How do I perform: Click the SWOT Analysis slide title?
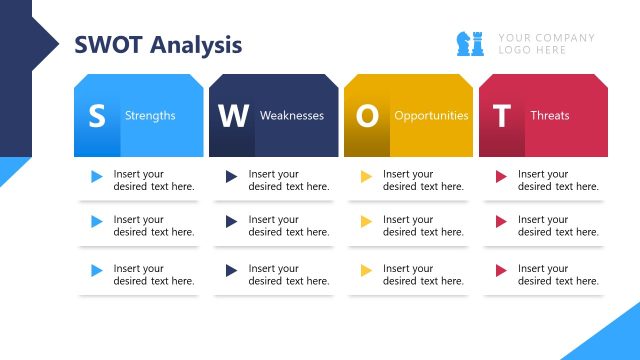pos(158,45)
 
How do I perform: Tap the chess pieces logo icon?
pos(470,44)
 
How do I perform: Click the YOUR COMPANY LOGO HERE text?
pos(546,44)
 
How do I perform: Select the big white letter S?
pos(96,116)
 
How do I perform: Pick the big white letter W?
pos(232,116)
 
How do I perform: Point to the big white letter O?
pos(367,116)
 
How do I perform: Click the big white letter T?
pos(501,116)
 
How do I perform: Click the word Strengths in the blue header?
pos(150,116)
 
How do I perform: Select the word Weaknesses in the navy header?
pos(292,116)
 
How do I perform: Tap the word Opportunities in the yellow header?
pos(431,116)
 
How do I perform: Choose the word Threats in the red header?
pos(550,116)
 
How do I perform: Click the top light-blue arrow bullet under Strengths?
pos(97,177)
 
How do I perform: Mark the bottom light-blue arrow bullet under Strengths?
pos(97,270)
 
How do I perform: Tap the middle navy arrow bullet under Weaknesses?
pos(232,221)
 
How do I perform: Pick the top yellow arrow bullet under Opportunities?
pos(366,177)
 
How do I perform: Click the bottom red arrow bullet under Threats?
pos(501,270)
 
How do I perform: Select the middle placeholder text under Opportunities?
pos(423,226)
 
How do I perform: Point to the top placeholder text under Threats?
pos(558,180)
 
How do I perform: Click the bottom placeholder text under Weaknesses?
pos(289,275)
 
